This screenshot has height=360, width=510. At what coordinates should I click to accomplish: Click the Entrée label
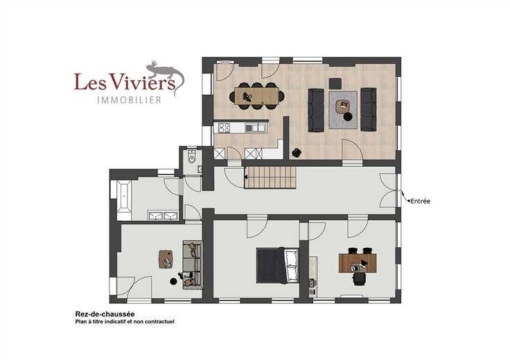420,201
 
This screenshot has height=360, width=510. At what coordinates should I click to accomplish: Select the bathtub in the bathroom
124,197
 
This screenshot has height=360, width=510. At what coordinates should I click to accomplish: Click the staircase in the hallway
270,177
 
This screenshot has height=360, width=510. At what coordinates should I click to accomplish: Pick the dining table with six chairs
257,96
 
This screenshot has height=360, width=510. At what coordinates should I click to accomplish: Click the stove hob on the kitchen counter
224,127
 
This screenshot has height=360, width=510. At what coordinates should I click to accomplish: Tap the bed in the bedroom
277,265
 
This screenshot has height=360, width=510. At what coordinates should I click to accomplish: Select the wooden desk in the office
358,263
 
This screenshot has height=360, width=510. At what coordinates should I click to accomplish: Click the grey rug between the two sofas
343,110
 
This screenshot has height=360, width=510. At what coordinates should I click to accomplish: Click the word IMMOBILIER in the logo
130,100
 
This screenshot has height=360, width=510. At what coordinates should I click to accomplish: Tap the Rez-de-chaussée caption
105,314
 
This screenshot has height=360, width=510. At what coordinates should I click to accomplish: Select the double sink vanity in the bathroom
163,215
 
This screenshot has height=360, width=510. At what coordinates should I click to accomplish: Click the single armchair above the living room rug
335,84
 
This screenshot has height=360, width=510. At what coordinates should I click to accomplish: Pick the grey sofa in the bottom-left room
193,264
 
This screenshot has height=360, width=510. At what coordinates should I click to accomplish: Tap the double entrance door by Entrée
389,190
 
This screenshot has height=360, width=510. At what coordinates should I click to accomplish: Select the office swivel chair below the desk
359,279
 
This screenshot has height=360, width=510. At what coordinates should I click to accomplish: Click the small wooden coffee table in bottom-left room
166,260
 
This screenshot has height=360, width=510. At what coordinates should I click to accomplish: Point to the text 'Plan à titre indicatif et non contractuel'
125,322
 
